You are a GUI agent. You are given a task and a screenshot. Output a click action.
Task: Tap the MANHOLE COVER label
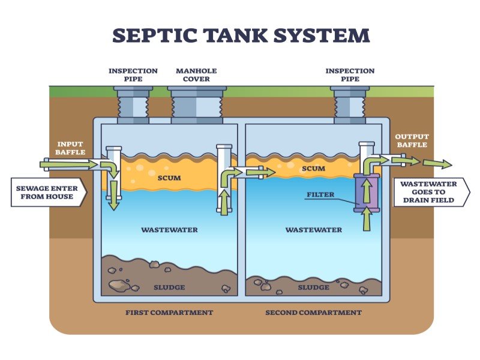coord(196,74)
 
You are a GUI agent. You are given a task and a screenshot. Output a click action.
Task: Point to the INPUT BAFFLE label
coord(70,148)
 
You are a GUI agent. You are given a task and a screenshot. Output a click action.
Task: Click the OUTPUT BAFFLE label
coord(411,140)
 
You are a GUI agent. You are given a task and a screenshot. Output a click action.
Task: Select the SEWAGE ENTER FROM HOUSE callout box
coord(47,193)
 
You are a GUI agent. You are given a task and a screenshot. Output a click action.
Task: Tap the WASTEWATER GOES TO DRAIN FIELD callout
coord(430,191)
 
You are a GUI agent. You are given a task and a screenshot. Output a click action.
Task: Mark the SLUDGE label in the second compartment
coord(314,287)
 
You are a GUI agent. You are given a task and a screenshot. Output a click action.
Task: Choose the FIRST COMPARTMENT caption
coord(169,313)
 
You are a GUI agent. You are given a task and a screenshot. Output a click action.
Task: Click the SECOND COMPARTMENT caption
coord(314,313)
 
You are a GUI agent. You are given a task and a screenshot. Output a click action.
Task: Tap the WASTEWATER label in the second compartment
coord(314,230)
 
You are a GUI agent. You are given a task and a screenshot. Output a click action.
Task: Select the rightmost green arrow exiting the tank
coord(437,163)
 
